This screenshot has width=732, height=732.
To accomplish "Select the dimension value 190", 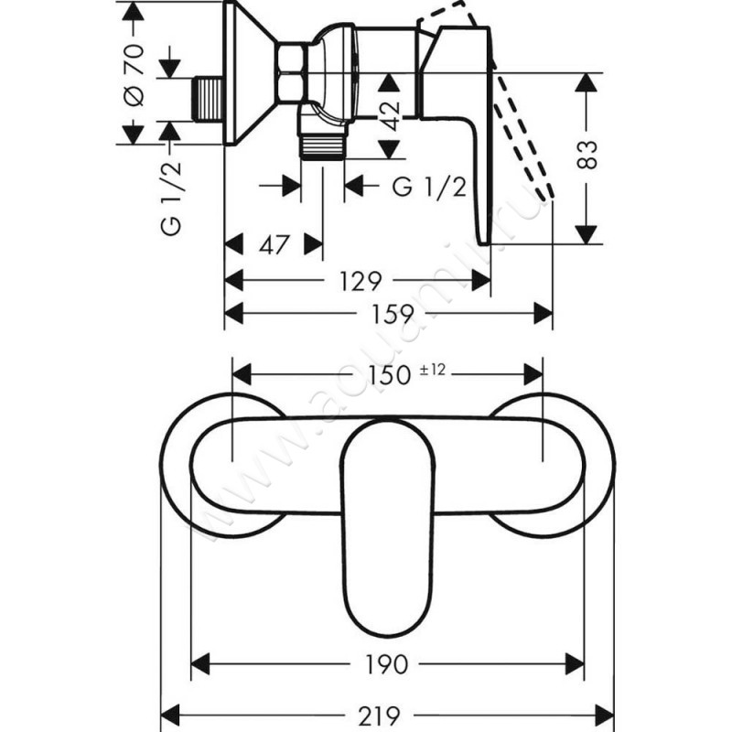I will tap(388, 661).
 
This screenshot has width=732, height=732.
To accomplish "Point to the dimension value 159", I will tap(390, 313).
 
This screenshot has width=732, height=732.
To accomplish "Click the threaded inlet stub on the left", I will tap(210, 98).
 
